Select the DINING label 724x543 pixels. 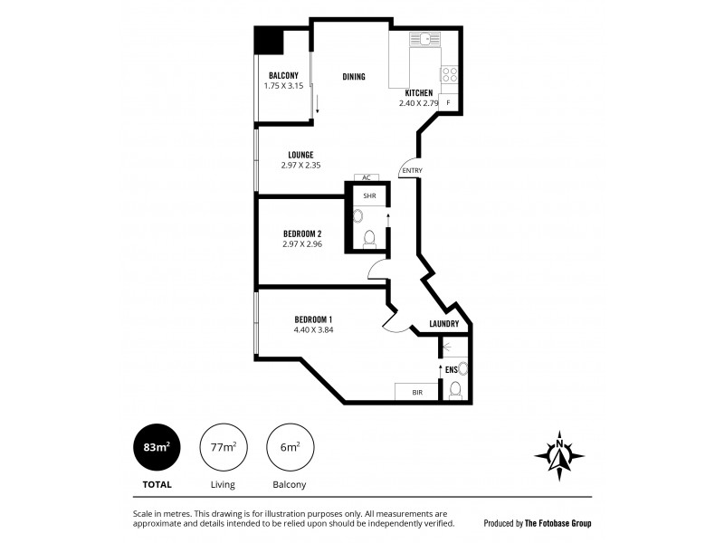[354, 77]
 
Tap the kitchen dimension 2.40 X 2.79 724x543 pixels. [418, 103]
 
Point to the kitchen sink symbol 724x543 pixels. [423, 40]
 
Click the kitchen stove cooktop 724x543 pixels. [450, 75]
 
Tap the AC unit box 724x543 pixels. [367, 177]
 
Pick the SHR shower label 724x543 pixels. [369, 195]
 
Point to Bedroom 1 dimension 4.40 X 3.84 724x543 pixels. [313, 329]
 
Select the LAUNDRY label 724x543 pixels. [443, 324]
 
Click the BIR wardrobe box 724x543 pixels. [418, 392]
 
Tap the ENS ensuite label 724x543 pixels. [451, 369]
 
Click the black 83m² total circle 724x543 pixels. [156, 447]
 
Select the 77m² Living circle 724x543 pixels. [223, 447]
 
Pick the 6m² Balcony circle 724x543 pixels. [290, 447]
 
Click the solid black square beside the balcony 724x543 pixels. [269, 42]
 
